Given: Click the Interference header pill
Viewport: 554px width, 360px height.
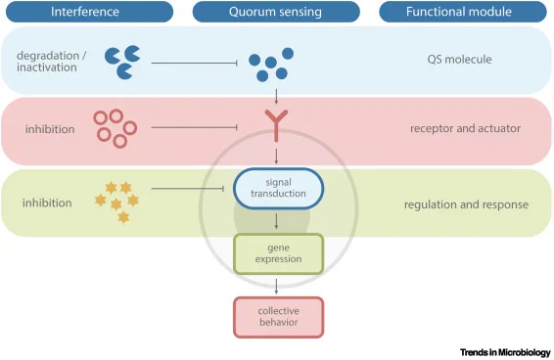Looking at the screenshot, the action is coord(90,12).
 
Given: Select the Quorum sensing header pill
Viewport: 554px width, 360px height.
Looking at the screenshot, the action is coord(276,12).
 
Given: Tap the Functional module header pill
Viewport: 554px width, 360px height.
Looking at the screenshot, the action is coord(463,12).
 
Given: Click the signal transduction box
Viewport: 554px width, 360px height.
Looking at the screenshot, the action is coord(278,188).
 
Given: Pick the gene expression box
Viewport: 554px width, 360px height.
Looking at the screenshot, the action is coord(278,253).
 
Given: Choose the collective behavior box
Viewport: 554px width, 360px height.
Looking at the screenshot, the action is coord(278,317).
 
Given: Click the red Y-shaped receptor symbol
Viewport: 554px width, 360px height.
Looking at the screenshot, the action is coord(276,125).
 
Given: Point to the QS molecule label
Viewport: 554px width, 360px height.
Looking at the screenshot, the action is coord(459,60).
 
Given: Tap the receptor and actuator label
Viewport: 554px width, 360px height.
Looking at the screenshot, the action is coord(465,128).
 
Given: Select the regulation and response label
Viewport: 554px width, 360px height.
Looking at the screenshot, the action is coord(466,204).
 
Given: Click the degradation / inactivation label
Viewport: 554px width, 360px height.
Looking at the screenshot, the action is coord(52,62).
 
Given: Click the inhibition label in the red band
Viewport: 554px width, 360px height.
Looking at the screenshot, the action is coord(50,129).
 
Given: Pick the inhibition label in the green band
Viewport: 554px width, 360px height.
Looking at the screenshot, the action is coord(47,203).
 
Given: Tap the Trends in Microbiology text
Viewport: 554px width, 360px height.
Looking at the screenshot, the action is coord(505,352).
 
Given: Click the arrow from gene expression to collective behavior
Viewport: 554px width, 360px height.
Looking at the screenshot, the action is coord(276,287).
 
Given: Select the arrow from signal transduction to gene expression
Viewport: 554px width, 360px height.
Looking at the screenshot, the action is coord(276,221).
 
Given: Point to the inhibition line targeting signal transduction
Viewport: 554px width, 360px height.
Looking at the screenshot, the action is coord(188,189).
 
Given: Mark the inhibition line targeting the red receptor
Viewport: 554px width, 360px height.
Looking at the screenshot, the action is coord(195,127).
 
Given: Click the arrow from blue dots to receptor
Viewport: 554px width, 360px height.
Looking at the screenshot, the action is coord(276,96).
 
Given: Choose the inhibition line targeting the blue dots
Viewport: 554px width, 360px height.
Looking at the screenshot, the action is coord(195,64).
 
